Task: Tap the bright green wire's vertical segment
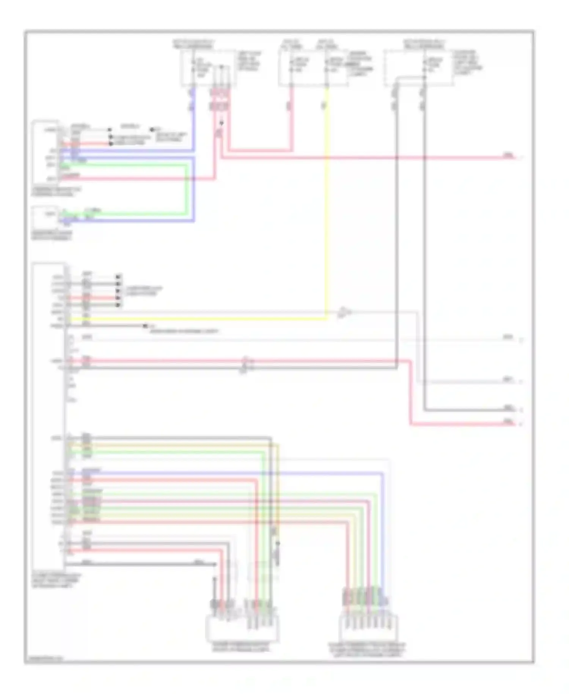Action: pos(186,190)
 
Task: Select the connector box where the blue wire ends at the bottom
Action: pos(368,628)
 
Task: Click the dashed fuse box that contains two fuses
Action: pos(313,68)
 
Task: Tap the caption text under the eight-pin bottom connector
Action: pos(367,650)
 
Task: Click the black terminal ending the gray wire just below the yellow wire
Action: pos(145,326)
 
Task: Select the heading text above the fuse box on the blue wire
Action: pos(193,44)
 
